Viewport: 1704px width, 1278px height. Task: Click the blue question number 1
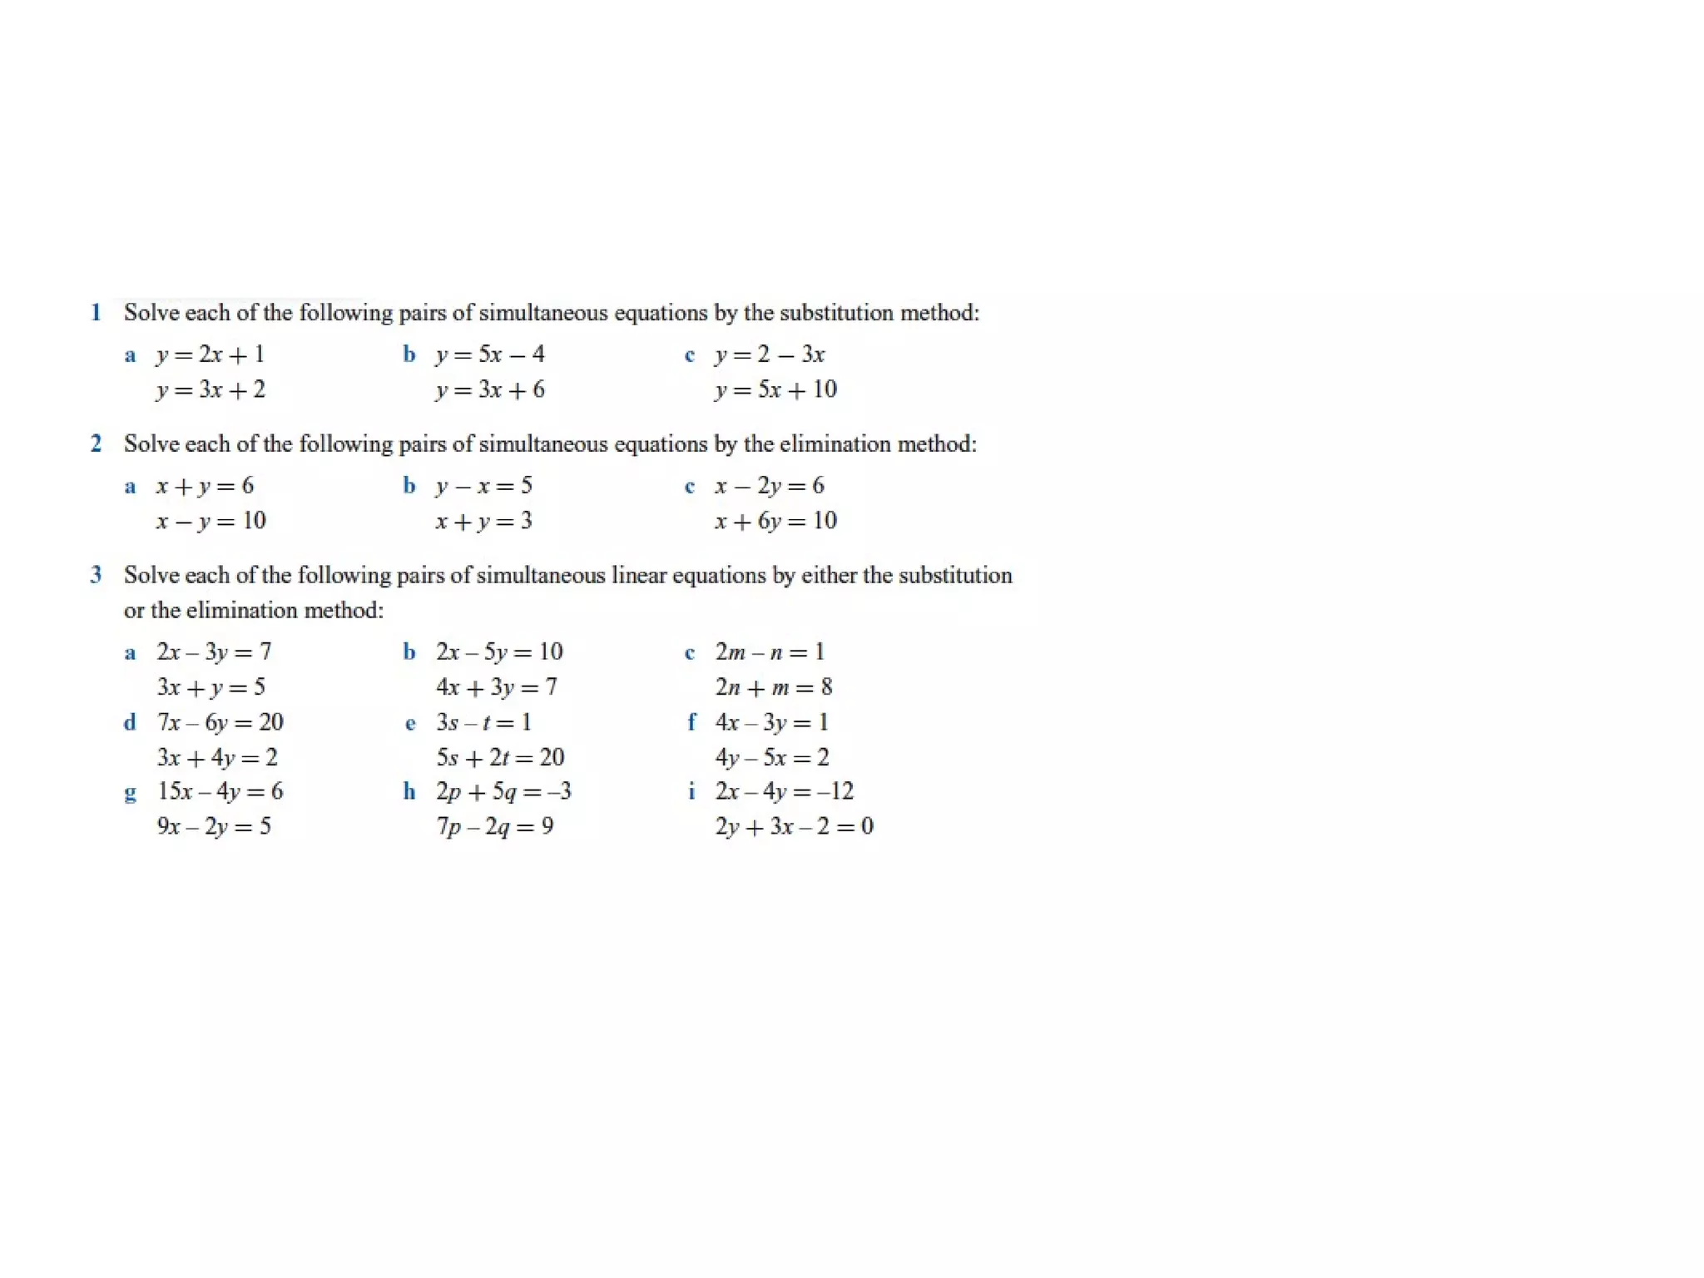(x=96, y=313)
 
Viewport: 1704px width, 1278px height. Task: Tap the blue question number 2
(x=96, y=444)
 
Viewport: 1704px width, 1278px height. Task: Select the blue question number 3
(x=96, y=575)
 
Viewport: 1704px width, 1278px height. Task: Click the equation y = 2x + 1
(x=210, y=355)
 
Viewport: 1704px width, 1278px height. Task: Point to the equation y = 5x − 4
(x=489, y=355)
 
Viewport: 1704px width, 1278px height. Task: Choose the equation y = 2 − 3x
(x=769, y=355)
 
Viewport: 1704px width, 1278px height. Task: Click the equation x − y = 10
(x=211, y=522)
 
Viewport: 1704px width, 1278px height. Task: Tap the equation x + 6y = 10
(x=775, y=522)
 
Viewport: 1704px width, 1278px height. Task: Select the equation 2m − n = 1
(x=770, y=652)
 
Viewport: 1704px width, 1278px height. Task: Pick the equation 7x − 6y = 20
(x=220, y=722)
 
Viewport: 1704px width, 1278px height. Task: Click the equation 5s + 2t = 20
(x=500, y=757)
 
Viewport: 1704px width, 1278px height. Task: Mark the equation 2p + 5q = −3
(x=503, y=791)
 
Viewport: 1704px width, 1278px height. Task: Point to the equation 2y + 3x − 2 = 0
(x=794, y=826)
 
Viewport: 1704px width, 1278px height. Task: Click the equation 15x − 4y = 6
(x=220, y=791)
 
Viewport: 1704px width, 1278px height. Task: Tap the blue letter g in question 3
(x=130, y=793)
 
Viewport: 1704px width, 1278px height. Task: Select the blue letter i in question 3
(x=691, y=791)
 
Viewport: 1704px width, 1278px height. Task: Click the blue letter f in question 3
(x=691, y=722)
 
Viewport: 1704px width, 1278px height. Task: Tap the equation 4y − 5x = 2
(x=771, y=757)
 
